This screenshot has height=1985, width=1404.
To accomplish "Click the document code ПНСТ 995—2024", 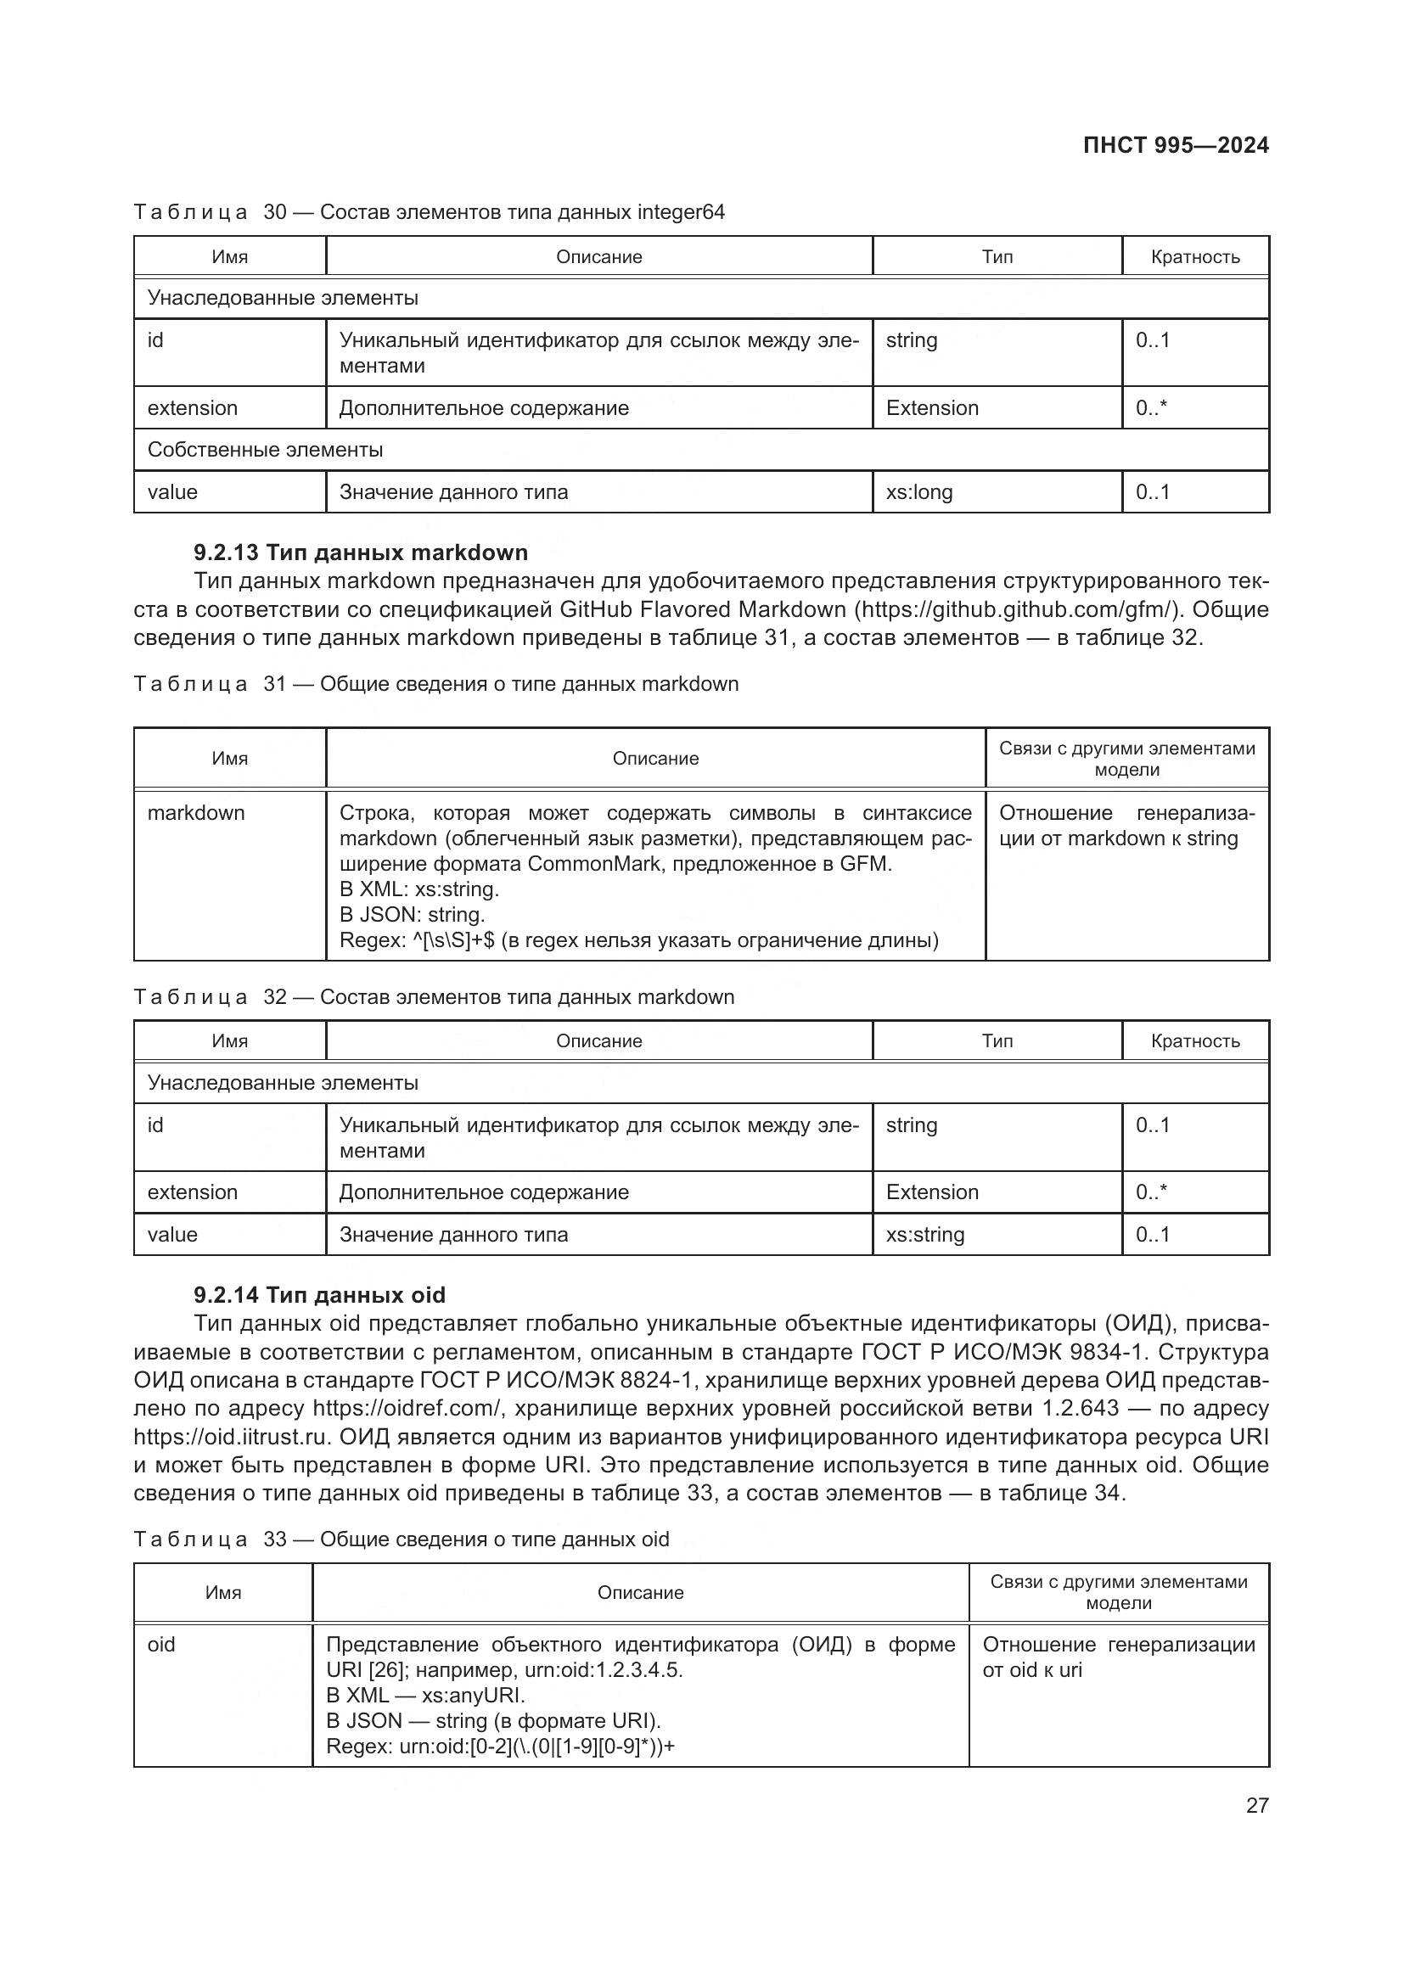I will (x=1175, y=145).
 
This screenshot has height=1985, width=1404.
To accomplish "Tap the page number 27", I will (x=1257, y=1805).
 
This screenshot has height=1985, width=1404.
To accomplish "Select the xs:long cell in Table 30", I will (x=919, y=492).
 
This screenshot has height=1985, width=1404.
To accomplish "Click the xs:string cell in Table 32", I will (x=925, y=1235).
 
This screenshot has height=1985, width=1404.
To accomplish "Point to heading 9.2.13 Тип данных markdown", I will (x=361, y=552).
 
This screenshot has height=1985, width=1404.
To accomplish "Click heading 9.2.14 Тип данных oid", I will (x=319, y=1295).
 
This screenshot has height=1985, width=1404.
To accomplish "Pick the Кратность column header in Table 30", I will (x=1195, y=257).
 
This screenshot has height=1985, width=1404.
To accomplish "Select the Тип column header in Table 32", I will (x=997, y=1041).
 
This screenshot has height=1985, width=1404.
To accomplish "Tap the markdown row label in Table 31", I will (x=196, y=813).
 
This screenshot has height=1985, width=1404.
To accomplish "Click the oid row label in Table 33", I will (x=161, y=1645).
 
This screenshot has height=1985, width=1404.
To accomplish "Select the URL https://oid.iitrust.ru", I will (x=232, y=1437).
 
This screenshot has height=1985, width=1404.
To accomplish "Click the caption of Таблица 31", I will (x=435, y=684).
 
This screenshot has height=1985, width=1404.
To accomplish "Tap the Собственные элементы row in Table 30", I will (x=266, y=450).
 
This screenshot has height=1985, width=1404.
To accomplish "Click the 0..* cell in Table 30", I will (x=1151, y=408).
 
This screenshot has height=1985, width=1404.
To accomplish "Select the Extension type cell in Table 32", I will (x=932, y=1192).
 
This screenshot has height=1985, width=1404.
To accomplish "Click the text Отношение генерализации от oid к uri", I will (x=1118, y=1657).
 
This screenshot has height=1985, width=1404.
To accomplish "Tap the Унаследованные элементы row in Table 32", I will (x=283, y=1083).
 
